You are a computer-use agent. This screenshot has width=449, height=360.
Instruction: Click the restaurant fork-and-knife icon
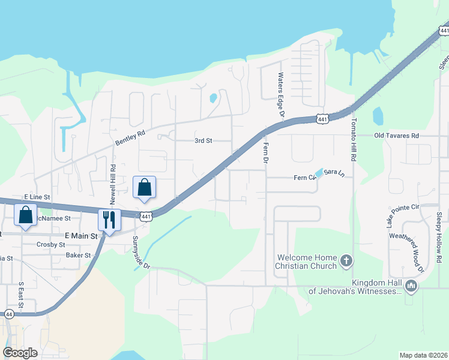pyautogui.click(x=109, y=220)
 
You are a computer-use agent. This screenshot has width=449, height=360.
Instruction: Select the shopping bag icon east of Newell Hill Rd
pyautogui.click(x=145, y=187)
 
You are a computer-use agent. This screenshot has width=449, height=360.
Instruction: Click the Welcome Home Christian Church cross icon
pyautogui.click(x=346, y=260)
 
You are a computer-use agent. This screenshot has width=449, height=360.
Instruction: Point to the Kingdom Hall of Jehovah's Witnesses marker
pyautogui.click(x=411, y=286)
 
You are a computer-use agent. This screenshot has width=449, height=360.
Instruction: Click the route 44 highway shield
pyautogui.click(x=8, y=314)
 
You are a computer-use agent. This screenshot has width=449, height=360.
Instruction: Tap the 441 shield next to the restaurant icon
pyautogui.click(x=146, y=216)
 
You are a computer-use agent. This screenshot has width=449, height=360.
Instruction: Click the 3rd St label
pyautogui.click(x=203, y=141)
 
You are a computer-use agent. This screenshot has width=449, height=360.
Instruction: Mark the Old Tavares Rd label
pyautogui.click(x=396, y=136)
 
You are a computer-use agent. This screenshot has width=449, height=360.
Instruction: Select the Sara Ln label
pyautogui.click(x=334, y=173)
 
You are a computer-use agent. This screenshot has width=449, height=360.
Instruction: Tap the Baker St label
pyautogui.click(x=78, y=255)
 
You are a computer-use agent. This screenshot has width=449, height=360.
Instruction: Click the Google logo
pyautogui.click(x=20, y=353)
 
